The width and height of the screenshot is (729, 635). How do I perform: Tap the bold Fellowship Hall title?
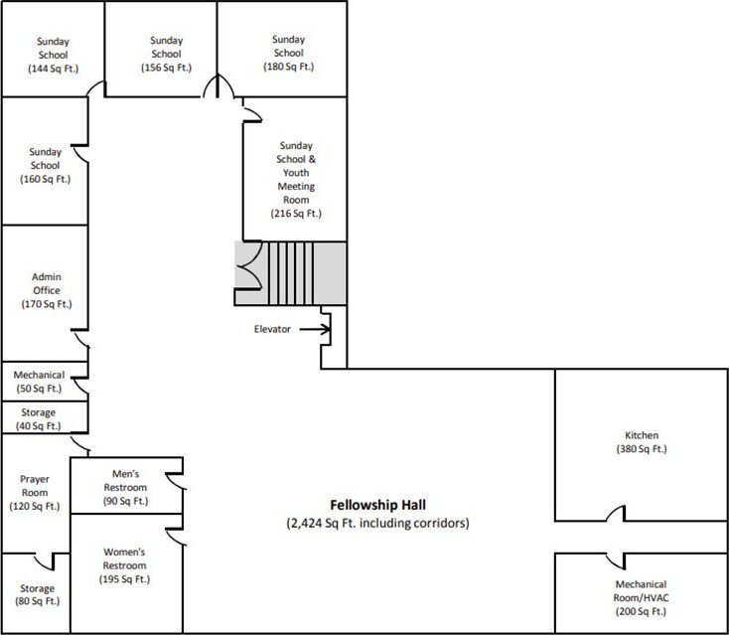[x=378, y=505]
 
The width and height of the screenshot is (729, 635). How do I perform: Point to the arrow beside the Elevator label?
[x=315, y=329]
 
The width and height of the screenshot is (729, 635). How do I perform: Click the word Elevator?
[x=272, y=329]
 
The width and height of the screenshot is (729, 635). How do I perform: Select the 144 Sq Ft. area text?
[x=53, y=69]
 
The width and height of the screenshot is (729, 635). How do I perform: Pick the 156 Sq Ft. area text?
[x=167, y=68]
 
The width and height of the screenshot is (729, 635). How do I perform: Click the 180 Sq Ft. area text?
[x=289, y=67]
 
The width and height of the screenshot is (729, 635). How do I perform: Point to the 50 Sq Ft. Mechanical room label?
[x=39, y=382]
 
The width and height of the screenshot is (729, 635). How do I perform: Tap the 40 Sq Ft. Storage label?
[x=39, y=419]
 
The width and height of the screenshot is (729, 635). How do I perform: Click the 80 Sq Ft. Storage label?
[x=38, y=594]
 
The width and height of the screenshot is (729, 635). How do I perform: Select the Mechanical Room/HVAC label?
[x=642, y=598]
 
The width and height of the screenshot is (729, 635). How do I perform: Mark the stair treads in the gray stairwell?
[x=291, y=273]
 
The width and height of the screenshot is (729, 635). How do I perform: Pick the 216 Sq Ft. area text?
[x=296, y=214]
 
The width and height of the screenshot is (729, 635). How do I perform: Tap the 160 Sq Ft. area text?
[x=45, y=179]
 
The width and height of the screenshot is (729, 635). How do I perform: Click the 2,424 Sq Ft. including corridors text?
[x=378, y=523]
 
